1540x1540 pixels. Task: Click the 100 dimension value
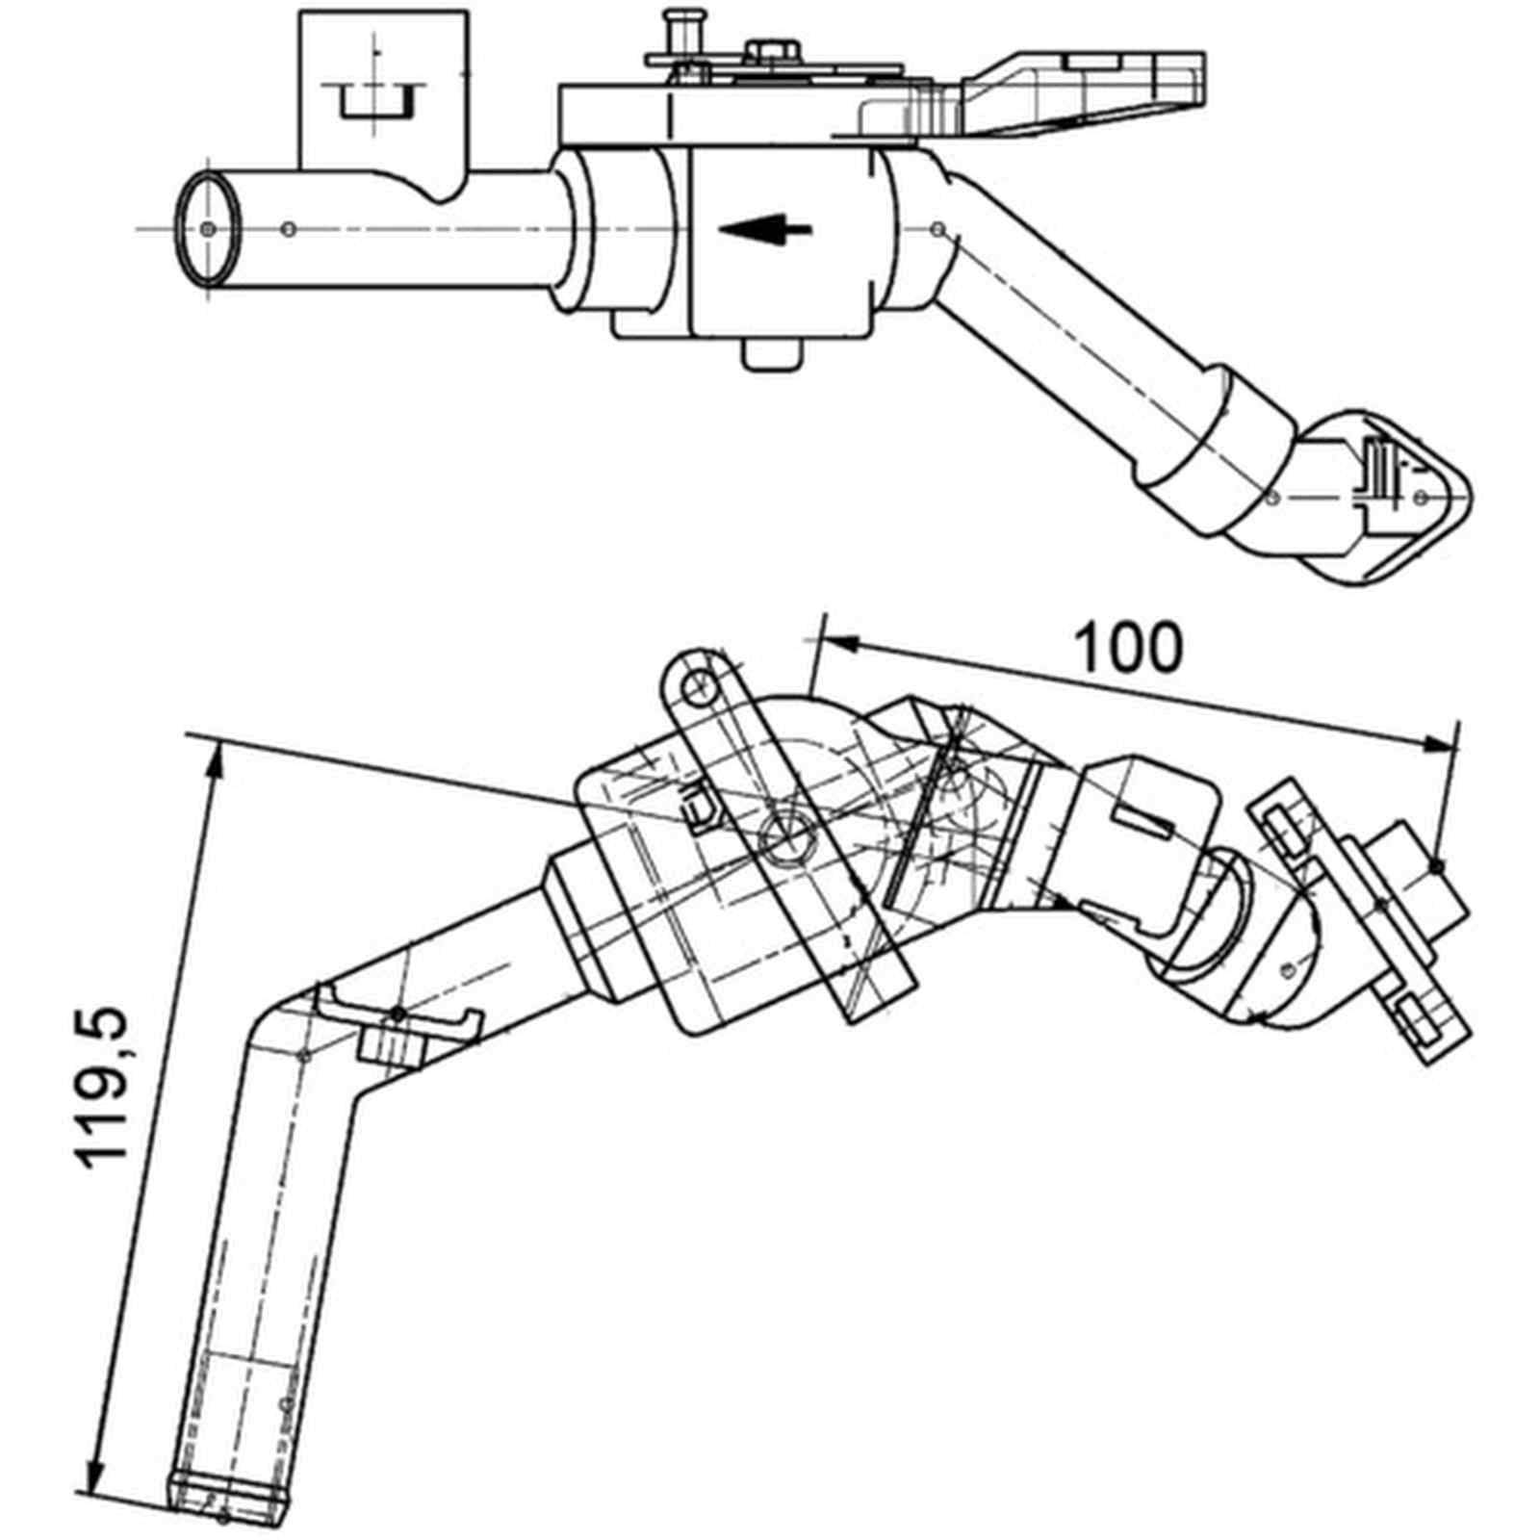[x=1128, y=647]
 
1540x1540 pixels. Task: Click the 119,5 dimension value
[x=102, y=1088]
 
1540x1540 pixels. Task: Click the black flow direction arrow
[x=766, y=230]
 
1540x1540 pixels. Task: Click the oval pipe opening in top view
[x=209, y=228]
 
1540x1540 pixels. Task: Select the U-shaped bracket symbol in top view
[x=377, y=102]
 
